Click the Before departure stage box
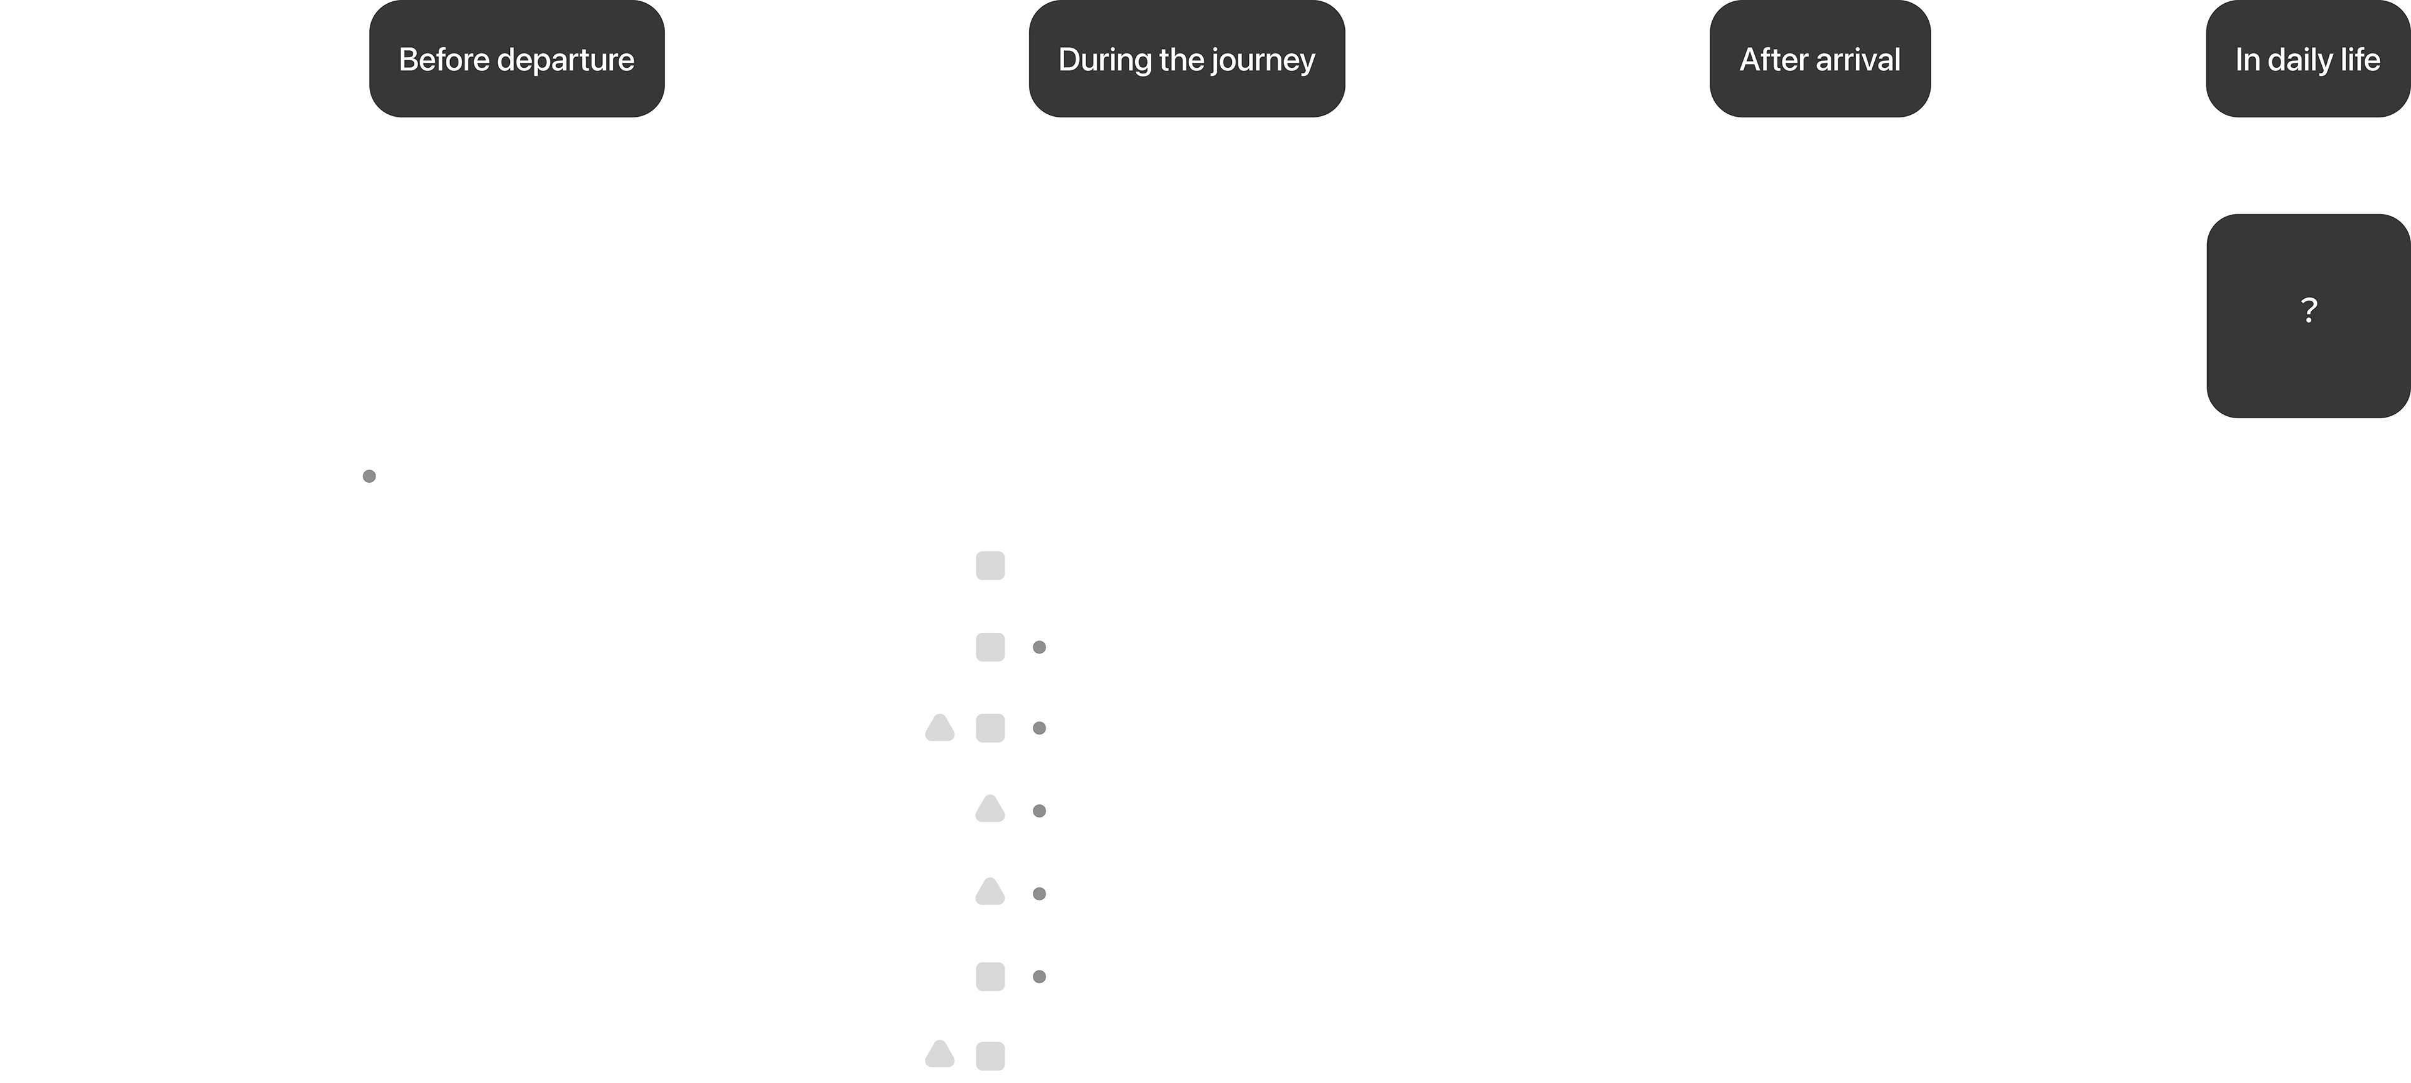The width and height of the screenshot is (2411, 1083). coord(517,60)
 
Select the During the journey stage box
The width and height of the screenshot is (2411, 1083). coord(1186,60)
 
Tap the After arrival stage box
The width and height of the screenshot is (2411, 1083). coord(1820,60)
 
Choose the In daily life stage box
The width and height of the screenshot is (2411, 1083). coord(2307,60)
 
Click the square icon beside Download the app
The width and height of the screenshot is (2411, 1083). coord(990,566)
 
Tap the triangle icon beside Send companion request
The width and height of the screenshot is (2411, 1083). coord(990,810)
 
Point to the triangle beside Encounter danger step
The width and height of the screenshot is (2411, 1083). coord(990,892)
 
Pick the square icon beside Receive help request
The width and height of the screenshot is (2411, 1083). coord(990,976)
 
